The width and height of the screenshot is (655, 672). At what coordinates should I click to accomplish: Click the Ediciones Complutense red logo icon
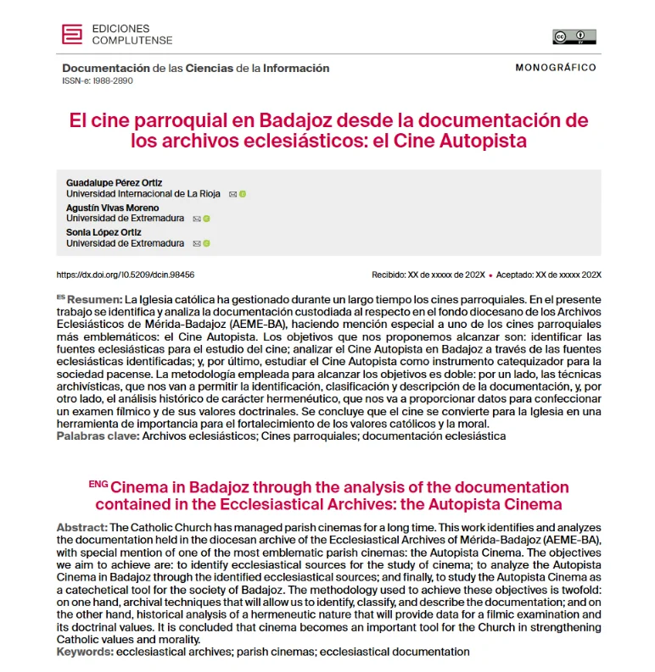click(72, 34)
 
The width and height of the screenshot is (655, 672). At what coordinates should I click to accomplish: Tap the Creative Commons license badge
click(574, 36)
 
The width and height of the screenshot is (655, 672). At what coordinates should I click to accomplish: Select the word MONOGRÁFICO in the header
click(556, 68)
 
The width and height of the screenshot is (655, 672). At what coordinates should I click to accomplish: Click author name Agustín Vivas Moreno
click(112, 208)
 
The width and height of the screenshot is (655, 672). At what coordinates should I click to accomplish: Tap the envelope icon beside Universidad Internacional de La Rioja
click(233, 194)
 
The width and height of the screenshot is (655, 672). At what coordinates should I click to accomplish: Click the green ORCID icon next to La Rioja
click(244, 194)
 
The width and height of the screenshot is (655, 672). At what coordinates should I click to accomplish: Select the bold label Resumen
click(93, 300)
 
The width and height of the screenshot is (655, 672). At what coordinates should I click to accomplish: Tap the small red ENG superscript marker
click(98, 484)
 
